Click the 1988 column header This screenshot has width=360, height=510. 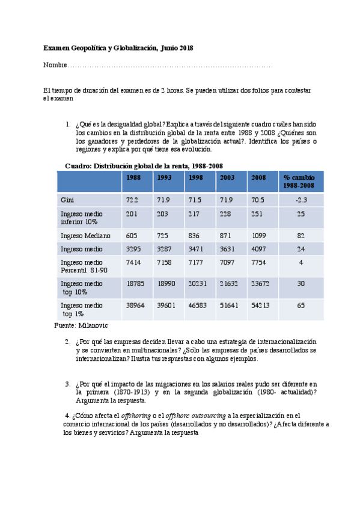click(x=133, y=177)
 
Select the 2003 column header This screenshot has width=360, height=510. click(x=227, y=177)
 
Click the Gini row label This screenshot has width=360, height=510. click(x=67, y=200)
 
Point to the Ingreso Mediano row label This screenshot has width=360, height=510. click(x=85, y=236)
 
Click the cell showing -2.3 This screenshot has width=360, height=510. click(x=301, y=200)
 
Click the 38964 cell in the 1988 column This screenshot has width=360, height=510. click(x=135, y=306)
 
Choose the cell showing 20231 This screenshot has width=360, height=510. click(x=197, y=284)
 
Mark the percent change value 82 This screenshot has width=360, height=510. click(x=301, y=236)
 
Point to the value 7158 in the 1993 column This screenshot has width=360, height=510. click(x=165, y=263)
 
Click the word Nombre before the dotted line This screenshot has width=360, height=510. click(x=55, y=65)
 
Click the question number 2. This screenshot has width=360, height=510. click(x=67, y=342)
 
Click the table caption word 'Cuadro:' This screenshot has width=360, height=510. click(x=78, y=166)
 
